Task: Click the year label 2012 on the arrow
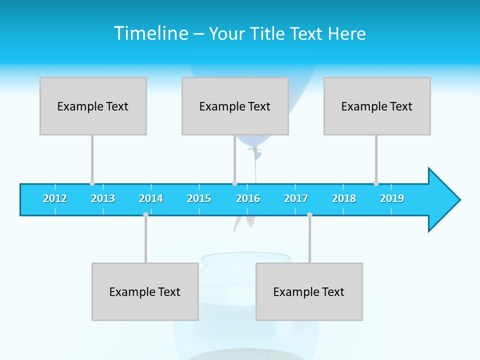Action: click(x=55, y=198)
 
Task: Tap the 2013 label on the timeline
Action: click(x=103, y=198)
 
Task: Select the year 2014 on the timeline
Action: click(x=151, y=198)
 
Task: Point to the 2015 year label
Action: click(x=199, y=198)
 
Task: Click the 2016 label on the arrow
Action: click(x=248, y=198)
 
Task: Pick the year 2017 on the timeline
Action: click(x=296, y=198)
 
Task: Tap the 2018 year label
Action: click(x=344, y=198)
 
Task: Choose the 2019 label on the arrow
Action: click(x=392, y=198)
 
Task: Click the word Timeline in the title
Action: click(x=150, y=33)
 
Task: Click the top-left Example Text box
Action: click(x=93, y=106)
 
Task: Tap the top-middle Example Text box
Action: click(x=235, y=106)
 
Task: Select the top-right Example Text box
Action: click(x=377, y=106)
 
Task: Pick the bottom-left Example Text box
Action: click(x=145, y=291)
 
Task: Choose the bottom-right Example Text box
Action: click(x=309, y=291)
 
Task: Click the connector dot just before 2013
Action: click(x=92, y=183)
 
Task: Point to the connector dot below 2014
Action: click(x=145, y=214)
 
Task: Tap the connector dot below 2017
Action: click(x=309, y=214)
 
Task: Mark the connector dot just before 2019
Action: click(x=376, y=183)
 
